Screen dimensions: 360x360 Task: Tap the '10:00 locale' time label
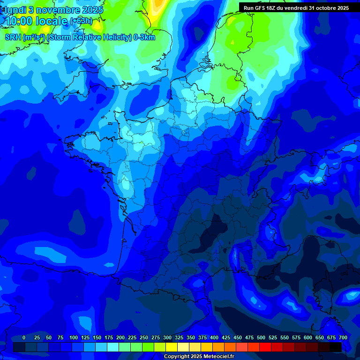[36, 21]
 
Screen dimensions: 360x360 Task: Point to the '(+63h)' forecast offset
[81, 21]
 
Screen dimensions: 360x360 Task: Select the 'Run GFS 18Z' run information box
[296, 8]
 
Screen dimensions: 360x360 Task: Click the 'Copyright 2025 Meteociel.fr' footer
[199, 357]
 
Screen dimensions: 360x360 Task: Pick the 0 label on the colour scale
[24, 337]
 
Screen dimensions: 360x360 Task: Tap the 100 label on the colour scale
[74, 337]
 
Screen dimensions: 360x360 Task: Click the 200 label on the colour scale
[120, 337]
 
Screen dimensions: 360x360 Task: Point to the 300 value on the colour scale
[167, 337]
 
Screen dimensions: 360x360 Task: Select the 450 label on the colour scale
[238, 337]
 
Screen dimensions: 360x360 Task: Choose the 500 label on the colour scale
[261, 337]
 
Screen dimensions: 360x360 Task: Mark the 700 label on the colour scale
[343, 337]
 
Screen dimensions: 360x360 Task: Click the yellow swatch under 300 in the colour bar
[172, 347]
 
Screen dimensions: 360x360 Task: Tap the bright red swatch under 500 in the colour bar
[265, 347]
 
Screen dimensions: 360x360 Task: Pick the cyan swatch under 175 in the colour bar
[113, 347]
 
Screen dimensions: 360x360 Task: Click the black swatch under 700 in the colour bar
[336, 347]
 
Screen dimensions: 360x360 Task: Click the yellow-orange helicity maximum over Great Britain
[157, 5]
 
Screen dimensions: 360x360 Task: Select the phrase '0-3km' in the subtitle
[145, 37]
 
